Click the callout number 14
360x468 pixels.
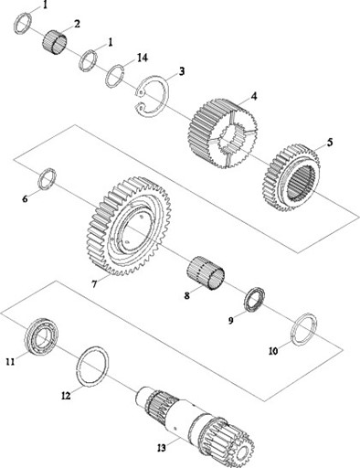point(142,58)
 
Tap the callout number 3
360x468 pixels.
point(182,71)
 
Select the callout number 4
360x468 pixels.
point(254,96)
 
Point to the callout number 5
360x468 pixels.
point(330,143)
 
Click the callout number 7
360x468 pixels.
point(94,284)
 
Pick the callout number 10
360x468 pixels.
point(273,351)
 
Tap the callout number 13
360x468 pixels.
point(162,448)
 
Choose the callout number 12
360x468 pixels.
point(66,396)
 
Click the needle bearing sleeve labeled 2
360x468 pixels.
point(55,43)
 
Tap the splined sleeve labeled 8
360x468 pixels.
point(206,272)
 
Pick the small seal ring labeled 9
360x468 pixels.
point(254,300)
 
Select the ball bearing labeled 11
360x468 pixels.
point(41,336)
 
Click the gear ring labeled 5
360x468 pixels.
point(291,177)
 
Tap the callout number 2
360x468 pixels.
point(77,24)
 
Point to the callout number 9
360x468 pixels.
point(231,320)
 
